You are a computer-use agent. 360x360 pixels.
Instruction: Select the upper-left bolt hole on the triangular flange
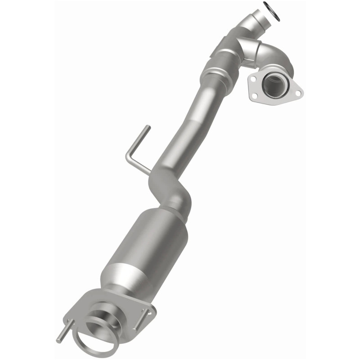tap(254, 79)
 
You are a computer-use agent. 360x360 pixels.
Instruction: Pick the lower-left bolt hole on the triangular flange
tap(255, 95)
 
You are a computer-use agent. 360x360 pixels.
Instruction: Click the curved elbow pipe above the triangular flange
tap(277, 58)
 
